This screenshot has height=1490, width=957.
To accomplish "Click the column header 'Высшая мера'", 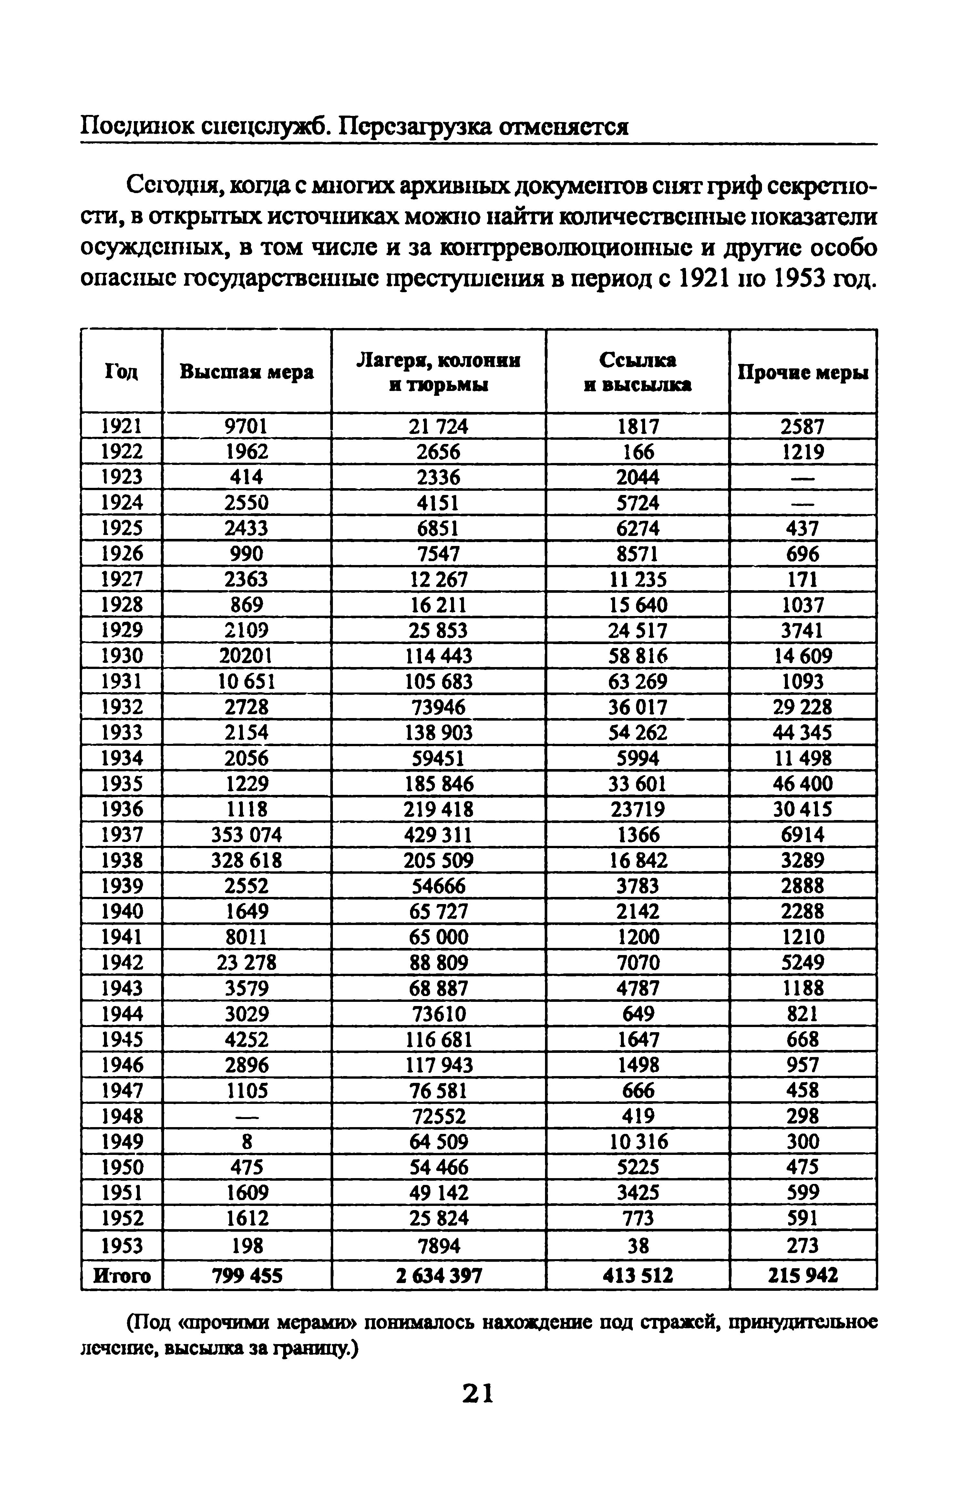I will [247, 372].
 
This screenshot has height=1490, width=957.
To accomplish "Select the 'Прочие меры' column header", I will [803, 373].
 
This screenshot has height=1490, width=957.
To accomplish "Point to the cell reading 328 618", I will [247, 860].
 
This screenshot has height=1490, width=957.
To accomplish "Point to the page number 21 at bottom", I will [478, 1394].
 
